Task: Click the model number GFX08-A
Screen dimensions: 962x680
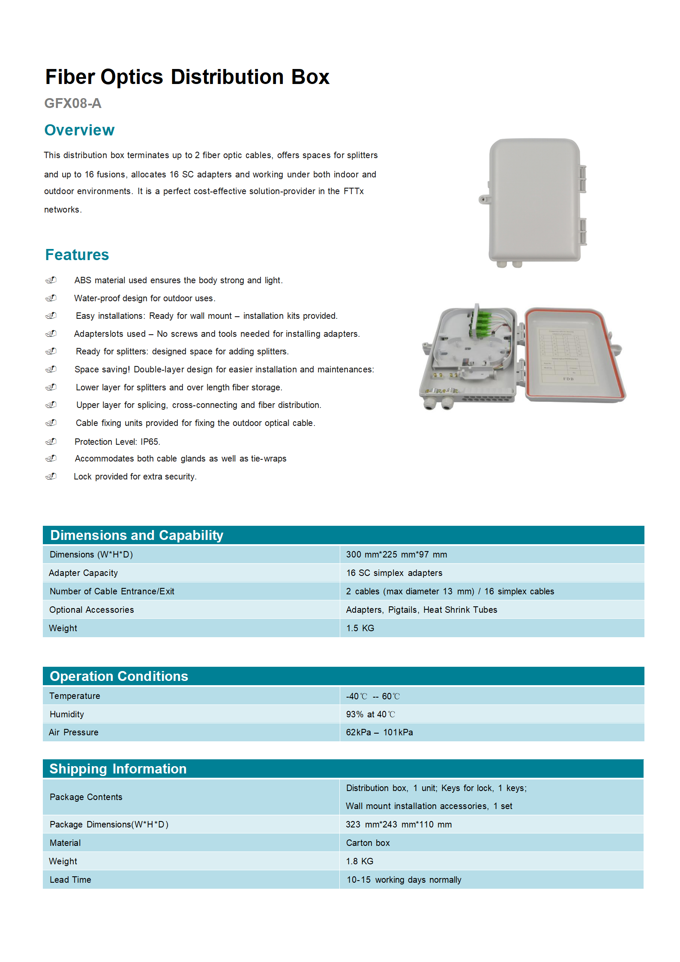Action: pos(73,103)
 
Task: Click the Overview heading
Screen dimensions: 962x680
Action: pos(79,130)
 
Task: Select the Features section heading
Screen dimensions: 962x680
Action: pos(77,255)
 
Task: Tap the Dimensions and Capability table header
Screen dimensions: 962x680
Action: pos(137,535)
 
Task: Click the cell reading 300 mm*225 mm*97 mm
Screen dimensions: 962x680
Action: pos(396,554)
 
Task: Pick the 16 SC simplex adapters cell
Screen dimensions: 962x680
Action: pos(394,573)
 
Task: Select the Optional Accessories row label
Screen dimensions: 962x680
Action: pos(92,610)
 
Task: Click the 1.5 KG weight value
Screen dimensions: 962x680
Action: pos(360,628)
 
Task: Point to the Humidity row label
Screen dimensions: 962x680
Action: pos(67,714)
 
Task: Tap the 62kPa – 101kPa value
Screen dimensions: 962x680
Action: pos(379,732)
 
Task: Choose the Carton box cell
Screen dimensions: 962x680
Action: pos(368,843)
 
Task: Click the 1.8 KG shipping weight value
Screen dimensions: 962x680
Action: pos(359,861)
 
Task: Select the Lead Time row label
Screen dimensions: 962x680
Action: pos(70,880)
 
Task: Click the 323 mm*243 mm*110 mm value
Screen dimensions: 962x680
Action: pos(398,824)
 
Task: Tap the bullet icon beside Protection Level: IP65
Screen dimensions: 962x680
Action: pos(51,441)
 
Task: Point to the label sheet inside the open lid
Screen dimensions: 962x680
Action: pos(566,356)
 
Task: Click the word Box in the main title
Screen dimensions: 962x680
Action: pos(310,77)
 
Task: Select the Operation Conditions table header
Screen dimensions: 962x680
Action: pos(119,676)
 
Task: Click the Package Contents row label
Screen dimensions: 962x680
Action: pos(86,797)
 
